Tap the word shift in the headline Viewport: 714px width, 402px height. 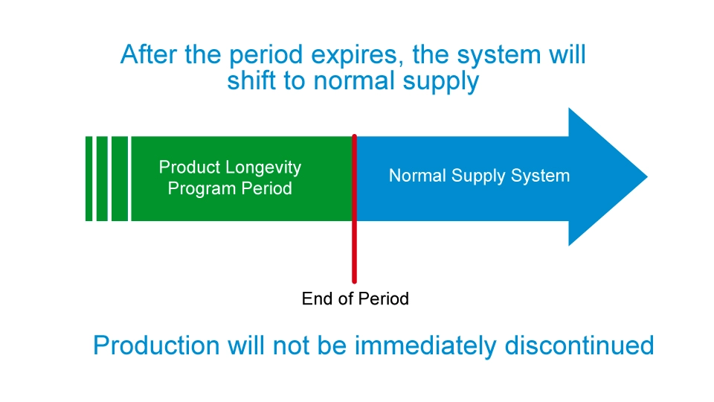[252, 81]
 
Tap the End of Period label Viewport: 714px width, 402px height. [355, 299]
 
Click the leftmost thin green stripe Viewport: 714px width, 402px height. [89, 179]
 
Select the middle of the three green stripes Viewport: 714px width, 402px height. [102, 179]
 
